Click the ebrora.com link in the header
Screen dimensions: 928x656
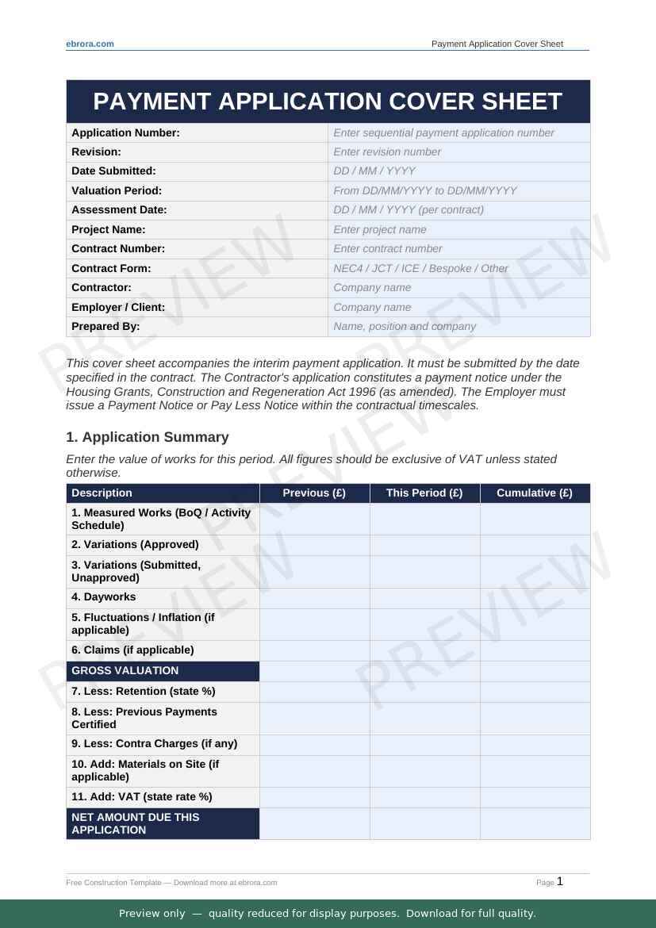[90, 44]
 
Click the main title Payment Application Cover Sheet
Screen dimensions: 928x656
[328, 102]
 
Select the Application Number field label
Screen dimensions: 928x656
[125, 133]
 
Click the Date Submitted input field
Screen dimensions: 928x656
[458, 171]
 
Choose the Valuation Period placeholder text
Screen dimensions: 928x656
[425, 191]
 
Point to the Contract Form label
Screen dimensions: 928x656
[111, 268]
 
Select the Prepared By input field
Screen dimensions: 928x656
[458, 327]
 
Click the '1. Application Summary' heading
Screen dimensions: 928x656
[148, 437]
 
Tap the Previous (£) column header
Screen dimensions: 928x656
[314, 493]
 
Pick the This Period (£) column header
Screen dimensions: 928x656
[424, 493]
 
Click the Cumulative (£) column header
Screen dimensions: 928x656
[535, 493]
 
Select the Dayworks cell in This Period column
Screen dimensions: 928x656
[424, 598]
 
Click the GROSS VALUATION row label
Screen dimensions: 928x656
[125, 671]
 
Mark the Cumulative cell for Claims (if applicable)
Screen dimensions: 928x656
[535, 650]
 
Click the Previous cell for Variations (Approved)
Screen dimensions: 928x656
[314, 545]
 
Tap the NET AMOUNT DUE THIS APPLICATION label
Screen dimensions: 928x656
[136, 823]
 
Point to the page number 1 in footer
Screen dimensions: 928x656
[560, 881]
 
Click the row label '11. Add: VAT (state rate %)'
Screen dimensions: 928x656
[142, 797]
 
